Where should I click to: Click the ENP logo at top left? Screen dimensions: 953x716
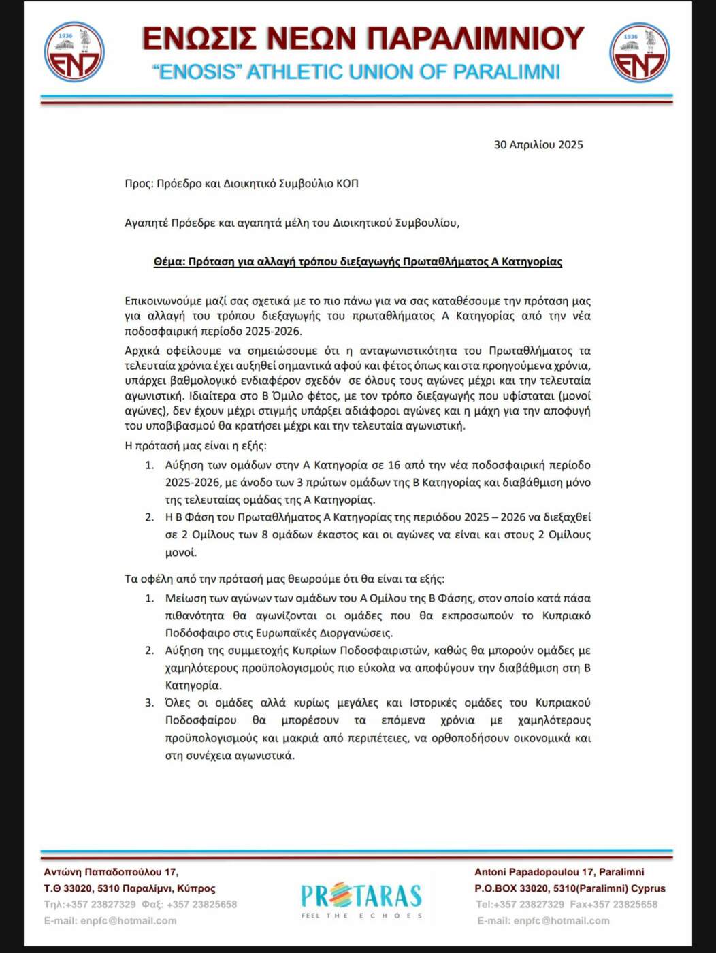pyautogui.click(x=74, y=52)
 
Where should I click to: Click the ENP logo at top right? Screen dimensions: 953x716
pyautogui.click(x=640, y=52)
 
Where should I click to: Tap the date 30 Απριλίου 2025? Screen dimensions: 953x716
pyautogui.click(x=538, y=144)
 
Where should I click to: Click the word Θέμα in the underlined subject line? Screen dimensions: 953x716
pyautogui.click(x=167, y=261)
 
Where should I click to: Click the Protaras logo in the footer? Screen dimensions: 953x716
pyautogui.click(x=361, y=899)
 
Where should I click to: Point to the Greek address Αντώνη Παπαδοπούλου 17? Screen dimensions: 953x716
pyautogui.click(x=111, y=872)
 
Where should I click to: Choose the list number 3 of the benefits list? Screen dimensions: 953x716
pyautogui.click(x=150, y=702)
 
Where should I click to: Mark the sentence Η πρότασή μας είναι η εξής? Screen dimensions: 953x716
pyautogui.click(x=196, y=446)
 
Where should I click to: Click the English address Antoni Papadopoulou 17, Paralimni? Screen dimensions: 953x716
pyautogui.click(x=559, y=872)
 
